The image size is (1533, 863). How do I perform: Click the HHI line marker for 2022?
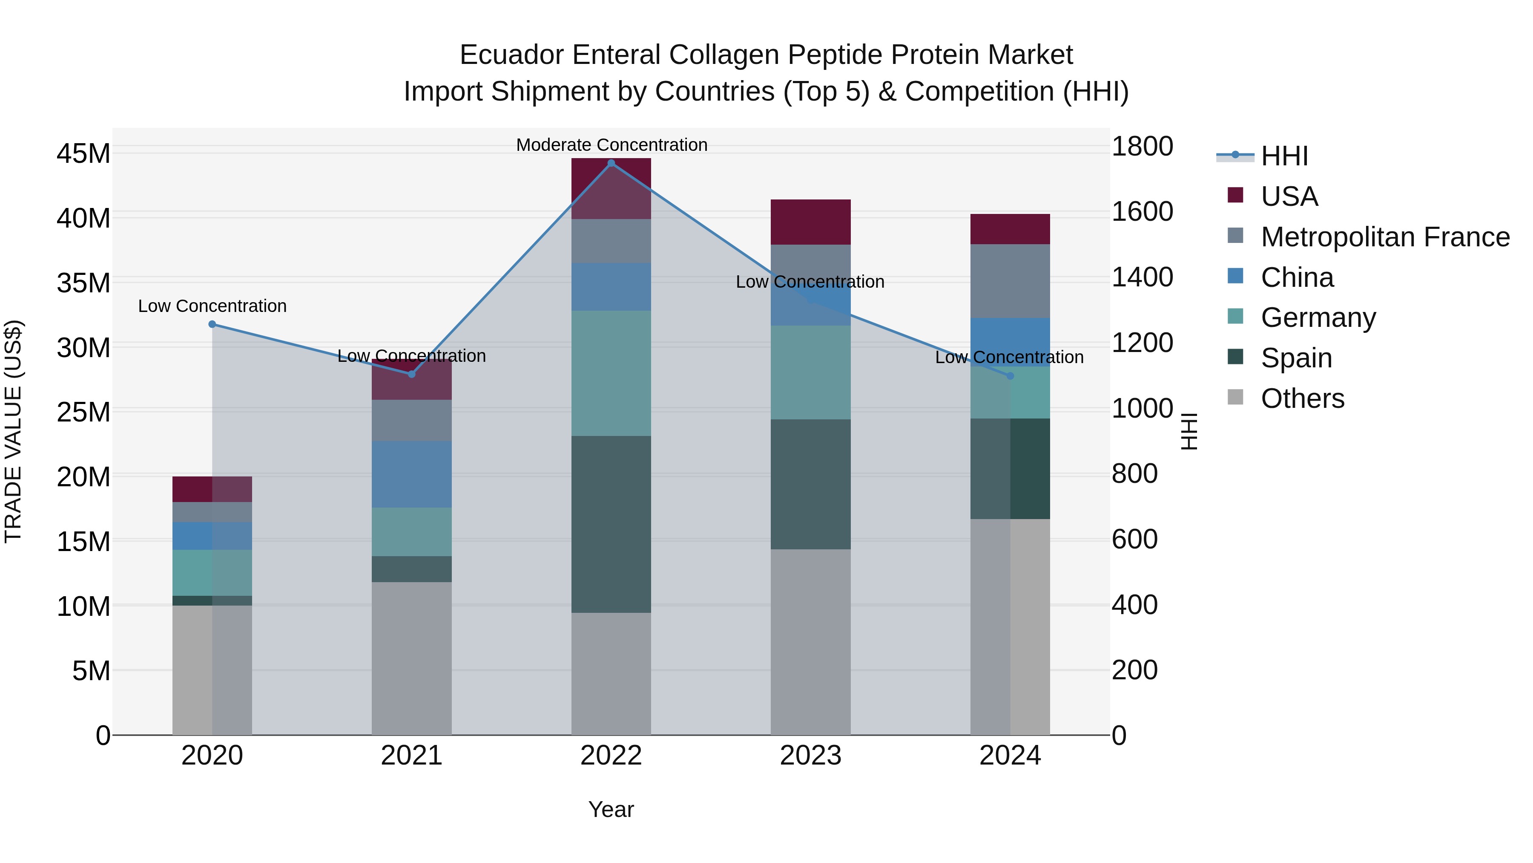coord(611,163)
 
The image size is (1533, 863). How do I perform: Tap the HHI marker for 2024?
coord(1010,376)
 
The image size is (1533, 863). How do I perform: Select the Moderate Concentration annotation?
coord(611,145)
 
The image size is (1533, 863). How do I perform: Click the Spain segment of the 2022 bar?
coord(611,524)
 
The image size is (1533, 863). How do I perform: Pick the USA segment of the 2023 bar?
coord(810,222)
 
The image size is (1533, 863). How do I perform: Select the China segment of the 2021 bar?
coord(411,474)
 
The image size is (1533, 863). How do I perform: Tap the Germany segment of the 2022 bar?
coord(611,373)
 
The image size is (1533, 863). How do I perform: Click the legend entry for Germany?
coord(1318,317)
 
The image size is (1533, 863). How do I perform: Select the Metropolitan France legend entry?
coord(1384,237)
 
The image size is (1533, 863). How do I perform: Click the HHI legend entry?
coord(1283,156)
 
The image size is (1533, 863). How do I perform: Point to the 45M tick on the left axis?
coord(83,154)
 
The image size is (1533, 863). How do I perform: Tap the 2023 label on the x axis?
coord(810,756)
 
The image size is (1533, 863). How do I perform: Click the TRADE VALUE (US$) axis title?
coord(13,431)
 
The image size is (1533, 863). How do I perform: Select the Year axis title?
coord(611,809)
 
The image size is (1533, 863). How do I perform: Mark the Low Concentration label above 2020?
coord(212,306)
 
